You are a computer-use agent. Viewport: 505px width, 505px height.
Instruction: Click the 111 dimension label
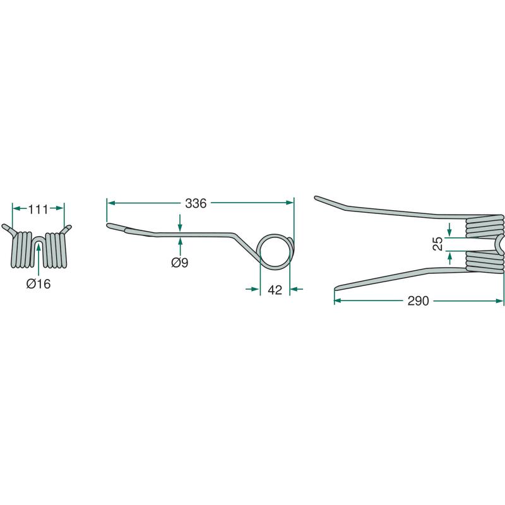point(39,210)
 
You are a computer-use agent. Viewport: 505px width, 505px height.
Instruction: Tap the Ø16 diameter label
point(39,284)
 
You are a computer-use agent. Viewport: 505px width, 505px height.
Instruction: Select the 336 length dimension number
point(196,203)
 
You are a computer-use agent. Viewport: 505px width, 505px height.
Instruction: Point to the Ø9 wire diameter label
point(180,263)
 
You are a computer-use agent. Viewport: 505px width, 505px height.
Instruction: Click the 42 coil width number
point(275,290)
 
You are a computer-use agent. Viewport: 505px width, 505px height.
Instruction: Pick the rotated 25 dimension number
point(438,244)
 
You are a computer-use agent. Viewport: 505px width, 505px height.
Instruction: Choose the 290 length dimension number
point(418,301)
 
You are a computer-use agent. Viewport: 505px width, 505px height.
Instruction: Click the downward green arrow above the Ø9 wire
point(180,223)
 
